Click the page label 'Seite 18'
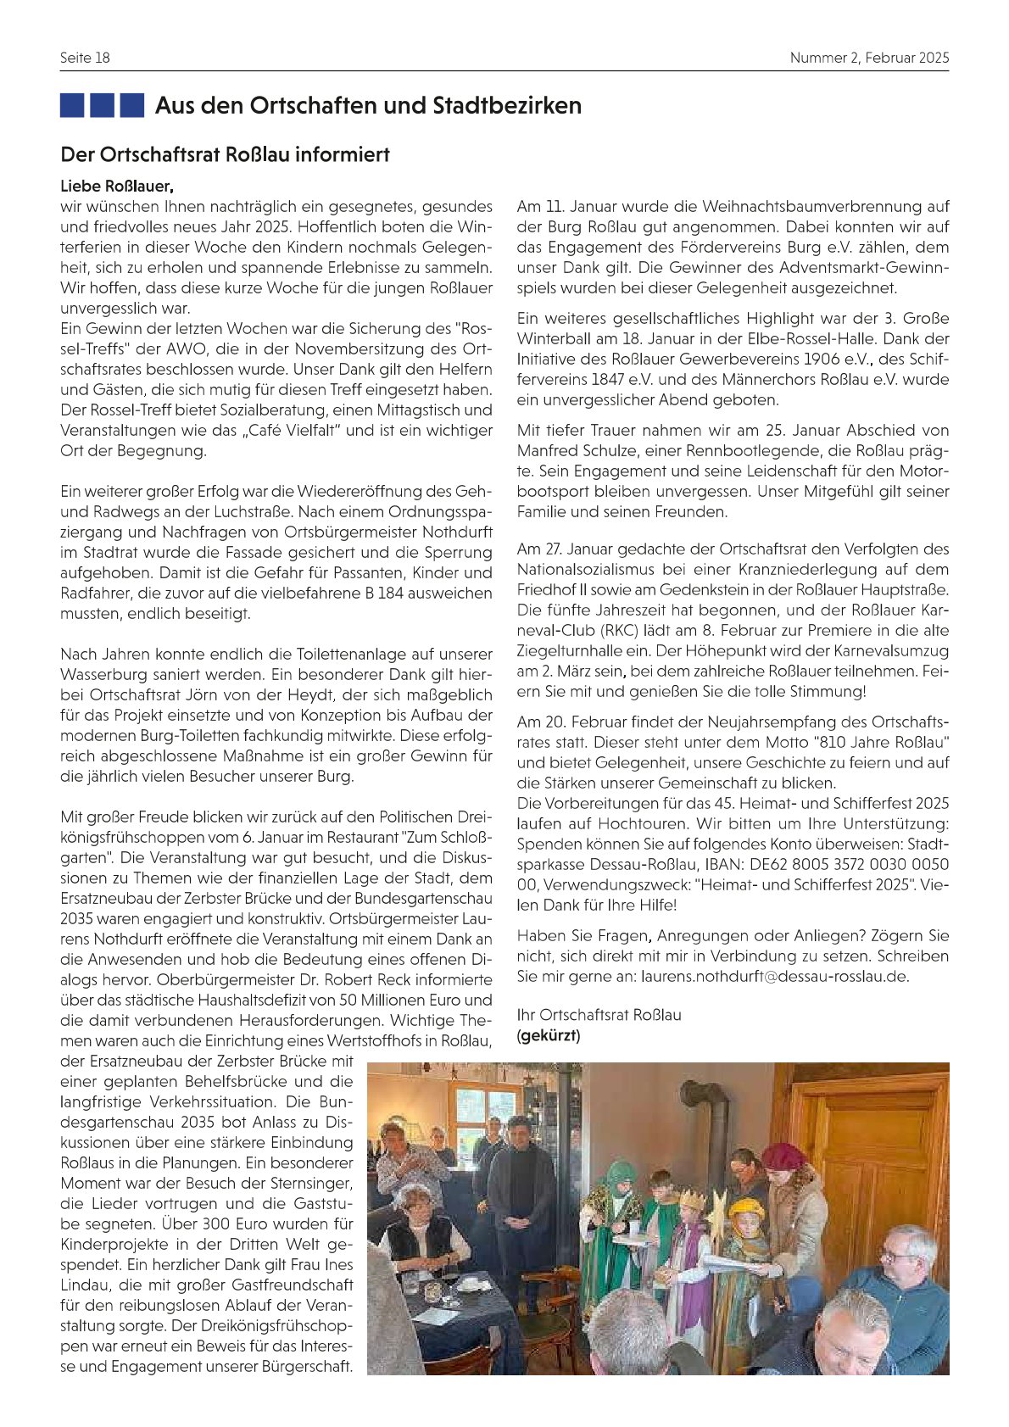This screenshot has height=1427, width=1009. click(85, 58)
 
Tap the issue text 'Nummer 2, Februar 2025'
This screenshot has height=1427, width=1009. click(869, 58)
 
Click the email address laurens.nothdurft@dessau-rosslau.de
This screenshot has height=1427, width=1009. click(774, 976)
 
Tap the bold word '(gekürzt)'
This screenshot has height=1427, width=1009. click(549, 1035)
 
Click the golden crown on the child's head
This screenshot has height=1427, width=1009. click(694, 1200)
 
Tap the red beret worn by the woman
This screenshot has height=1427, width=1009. click(783, 1155)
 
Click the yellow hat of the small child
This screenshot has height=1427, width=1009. click(747, 1206)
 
